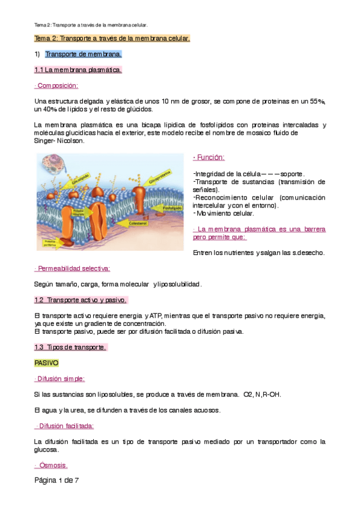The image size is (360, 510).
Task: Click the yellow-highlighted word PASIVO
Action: (46, 363)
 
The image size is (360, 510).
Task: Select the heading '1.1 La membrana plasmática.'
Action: (78, 70)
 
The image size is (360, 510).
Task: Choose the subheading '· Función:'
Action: (209, 158)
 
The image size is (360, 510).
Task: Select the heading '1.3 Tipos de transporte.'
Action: (70, 347)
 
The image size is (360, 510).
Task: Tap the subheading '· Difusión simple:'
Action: (60, 379)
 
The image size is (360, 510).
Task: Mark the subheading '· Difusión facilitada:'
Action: (64, 426)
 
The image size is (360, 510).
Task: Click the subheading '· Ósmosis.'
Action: (51, 465)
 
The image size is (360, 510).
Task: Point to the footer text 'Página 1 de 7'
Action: (57, 481)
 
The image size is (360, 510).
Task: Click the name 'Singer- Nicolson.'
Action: (59, 141)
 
